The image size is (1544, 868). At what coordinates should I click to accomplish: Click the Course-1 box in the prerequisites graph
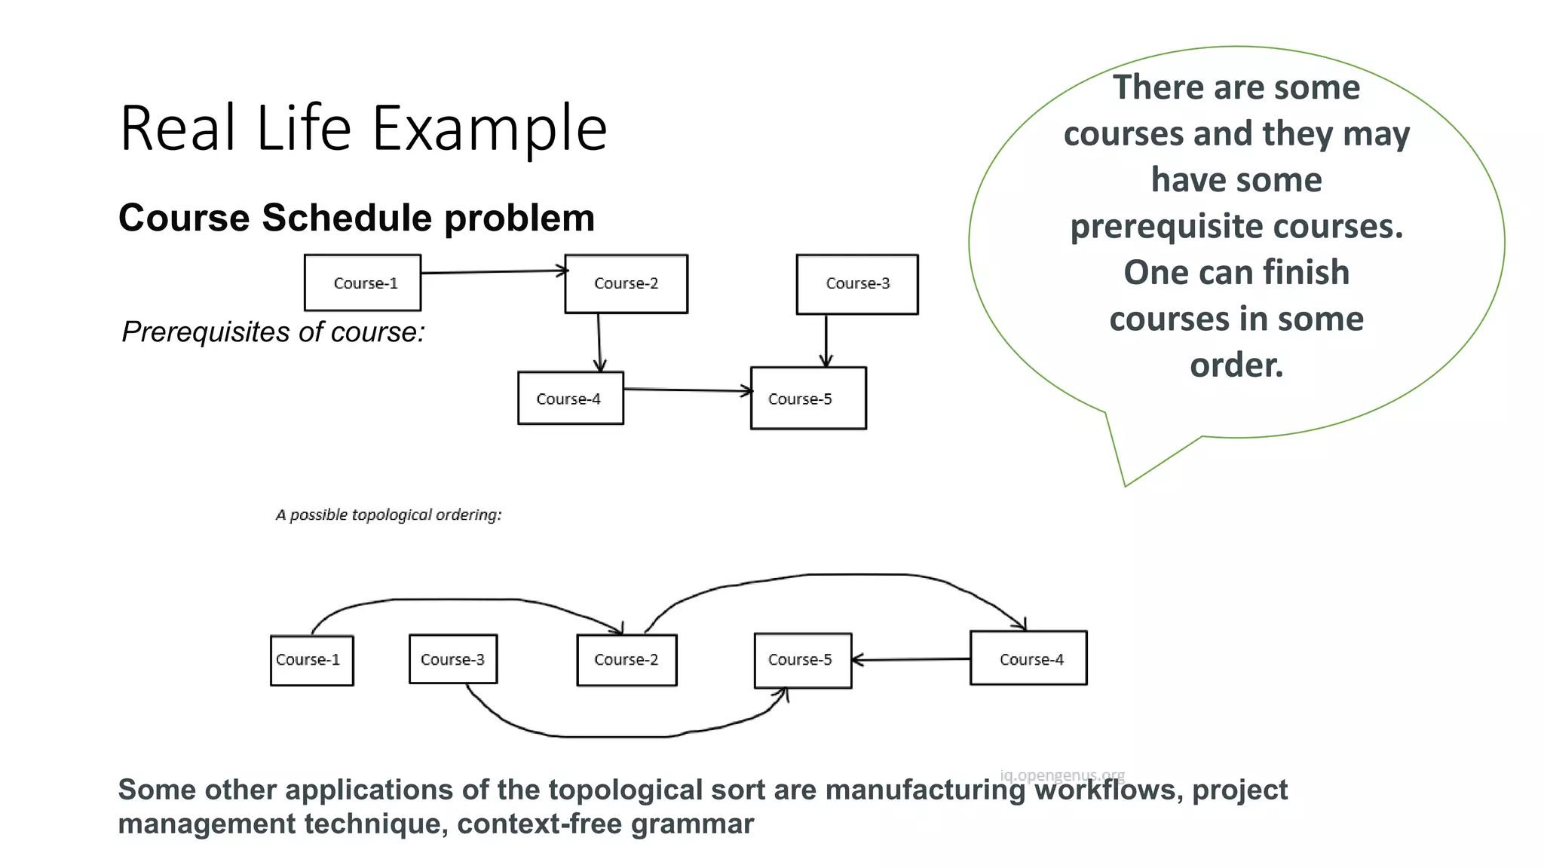(363, 283)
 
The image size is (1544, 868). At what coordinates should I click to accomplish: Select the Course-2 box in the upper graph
(626, 283)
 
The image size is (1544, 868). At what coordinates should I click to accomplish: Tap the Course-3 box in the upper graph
(857, 283)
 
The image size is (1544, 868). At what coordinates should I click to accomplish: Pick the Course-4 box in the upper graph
(570, 398)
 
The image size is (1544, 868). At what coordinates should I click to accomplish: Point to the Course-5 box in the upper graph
(808, 398)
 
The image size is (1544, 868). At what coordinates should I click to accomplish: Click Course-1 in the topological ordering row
(311, 660)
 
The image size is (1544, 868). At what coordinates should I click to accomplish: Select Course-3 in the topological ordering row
(452, 659)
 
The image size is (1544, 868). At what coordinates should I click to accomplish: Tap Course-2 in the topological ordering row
(626, 660)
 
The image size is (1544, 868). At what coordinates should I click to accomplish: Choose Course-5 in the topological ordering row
(802, 660)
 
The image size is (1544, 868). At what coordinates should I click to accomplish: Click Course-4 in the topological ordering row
(1028, 659)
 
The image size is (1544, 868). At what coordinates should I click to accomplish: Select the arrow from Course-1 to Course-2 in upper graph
(494, 271)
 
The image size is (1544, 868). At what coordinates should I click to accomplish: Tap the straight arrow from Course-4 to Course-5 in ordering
(911, 659)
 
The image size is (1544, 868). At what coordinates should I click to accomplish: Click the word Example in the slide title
(489, 129)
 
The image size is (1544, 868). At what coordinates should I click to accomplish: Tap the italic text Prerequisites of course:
(274, 332)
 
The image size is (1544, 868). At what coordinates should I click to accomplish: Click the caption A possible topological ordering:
(388, 515)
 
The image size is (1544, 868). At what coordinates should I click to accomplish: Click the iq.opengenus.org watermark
(1061, 775)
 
